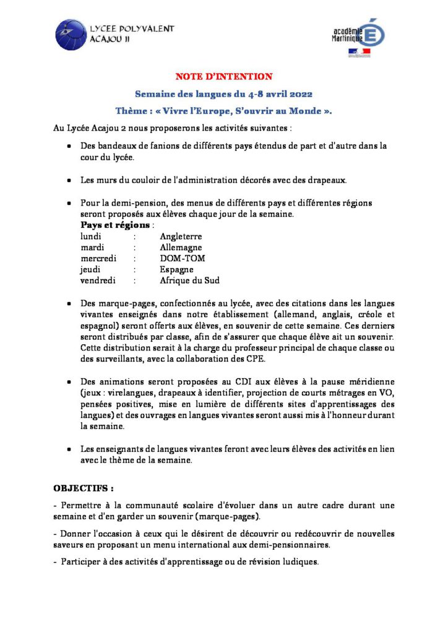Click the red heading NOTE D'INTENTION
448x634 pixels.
click(224, 77)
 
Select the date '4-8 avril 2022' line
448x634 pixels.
click(224, 94)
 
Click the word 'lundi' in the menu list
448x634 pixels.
click(91, 237)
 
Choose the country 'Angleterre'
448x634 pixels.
click(181, 237)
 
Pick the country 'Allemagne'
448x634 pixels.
click(181, 248)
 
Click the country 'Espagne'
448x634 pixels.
click(176, 269)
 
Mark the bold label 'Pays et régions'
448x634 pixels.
click(115, 225)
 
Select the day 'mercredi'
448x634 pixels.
click(98, 258)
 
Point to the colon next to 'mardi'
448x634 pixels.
click(134, 248)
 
